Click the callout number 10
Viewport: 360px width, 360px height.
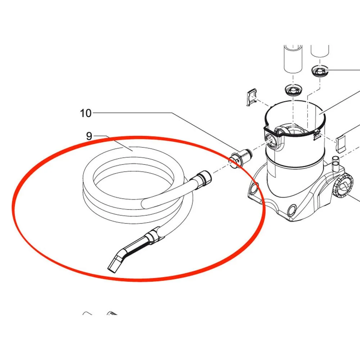[x=86, y=113]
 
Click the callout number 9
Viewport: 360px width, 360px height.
[x=89, y=136]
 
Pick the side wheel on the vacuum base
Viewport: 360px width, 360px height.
[x=342, y=186]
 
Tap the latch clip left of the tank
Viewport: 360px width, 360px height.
[x=251, y=97]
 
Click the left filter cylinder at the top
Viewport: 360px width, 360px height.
[x=293, y=59]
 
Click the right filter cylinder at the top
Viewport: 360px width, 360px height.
[x=320, y=51]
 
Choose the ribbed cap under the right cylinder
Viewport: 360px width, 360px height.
[x=320, y=71]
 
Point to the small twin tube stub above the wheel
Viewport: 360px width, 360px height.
[x=336, y=163]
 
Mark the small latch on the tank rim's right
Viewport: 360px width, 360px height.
[x=316, y=134]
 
